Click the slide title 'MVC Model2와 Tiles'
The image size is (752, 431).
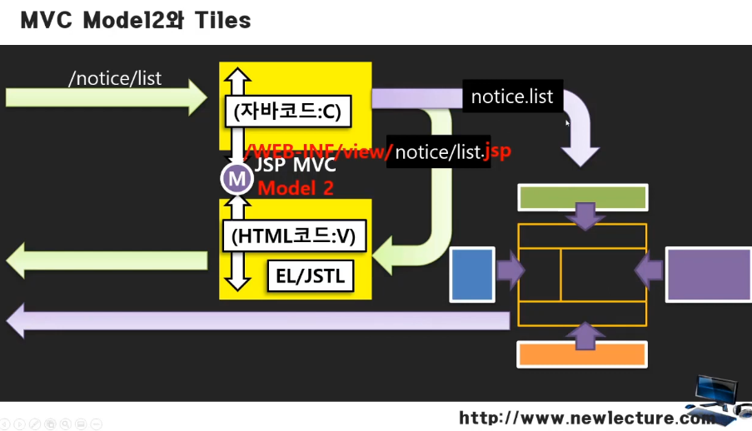pyautogui.click(x=135, y=21)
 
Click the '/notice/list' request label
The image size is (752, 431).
pyautogui.click(x=115, y=78)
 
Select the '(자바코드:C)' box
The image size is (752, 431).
pyautogui.click(x=287, y=111)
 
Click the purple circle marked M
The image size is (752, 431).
pyautogui.click(x=237, y=178)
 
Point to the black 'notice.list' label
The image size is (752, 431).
pyautogui.click(x=511, y=97)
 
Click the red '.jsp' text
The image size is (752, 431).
pyautogui.click(x=497, y=151)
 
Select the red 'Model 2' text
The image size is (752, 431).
pyautogui.click(x=296, y=188)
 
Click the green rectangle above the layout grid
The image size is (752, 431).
pyautogui.click(x=582, y=197)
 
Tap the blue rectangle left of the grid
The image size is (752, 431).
pyautogui.click(x=472, y=273)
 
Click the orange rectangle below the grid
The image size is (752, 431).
pyautogui.click(x=582, y=354)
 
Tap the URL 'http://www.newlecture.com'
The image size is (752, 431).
pyautogui.click(x=583, y=418)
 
